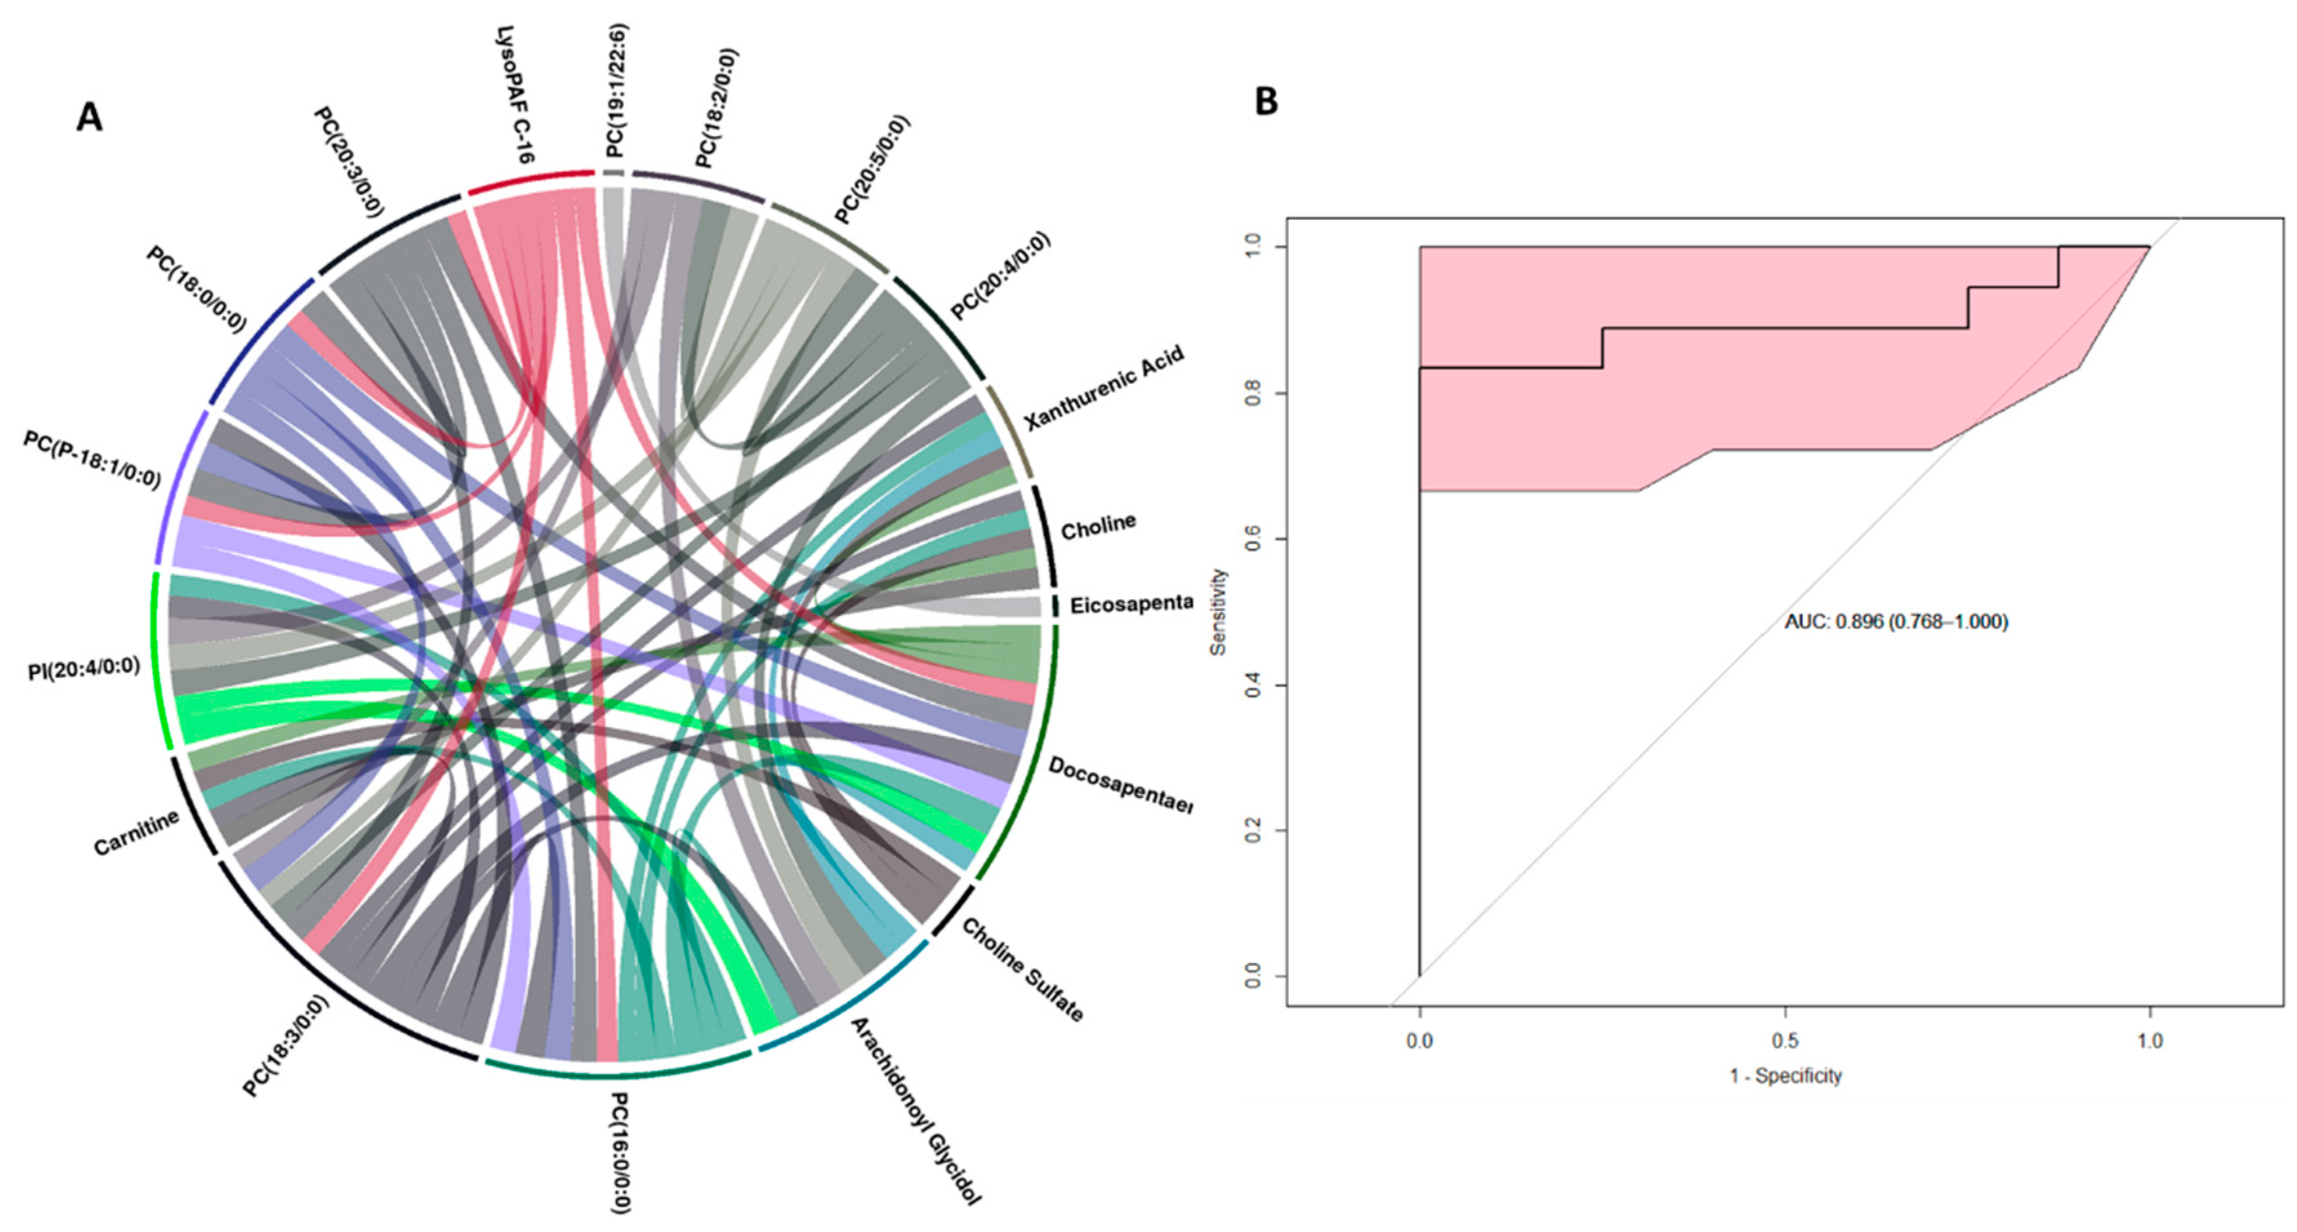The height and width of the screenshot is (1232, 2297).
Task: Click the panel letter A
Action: pyautogui.click(x=89, y=117)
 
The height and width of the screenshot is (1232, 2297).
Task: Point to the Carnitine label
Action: pyautogui.click(x=137, y=832)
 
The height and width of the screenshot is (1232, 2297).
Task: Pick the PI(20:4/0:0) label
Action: pyautogui.click(x=84, y=668)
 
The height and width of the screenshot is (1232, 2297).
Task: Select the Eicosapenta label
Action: pyautogui.click(x=1130, y=604)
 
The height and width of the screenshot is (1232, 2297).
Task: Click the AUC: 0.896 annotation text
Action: pyautogui.click(x=1895, y=622)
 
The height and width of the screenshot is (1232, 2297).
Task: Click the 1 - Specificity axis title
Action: pyautogui.click(x=1785, y=1076)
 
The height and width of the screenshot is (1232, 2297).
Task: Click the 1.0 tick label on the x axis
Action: pyautogui.click(x=2150, y=1041)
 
